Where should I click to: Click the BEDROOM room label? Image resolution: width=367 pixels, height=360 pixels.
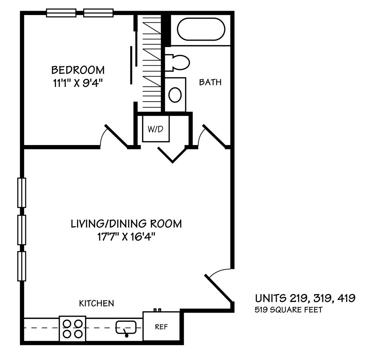point(78,70)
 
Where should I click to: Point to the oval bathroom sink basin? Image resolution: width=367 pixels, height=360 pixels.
point(175,95)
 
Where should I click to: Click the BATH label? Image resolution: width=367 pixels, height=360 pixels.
point(210,82)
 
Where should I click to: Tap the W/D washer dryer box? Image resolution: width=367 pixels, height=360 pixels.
point(156,129)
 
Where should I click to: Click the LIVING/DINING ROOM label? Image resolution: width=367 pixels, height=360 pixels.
point(127,224)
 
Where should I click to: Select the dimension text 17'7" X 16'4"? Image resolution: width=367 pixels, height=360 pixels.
point(127,237)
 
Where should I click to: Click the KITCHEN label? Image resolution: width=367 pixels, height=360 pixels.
point(97,303)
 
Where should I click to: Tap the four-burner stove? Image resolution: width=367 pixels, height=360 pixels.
point(73,329)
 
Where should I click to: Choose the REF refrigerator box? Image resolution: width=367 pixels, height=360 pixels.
point(161,326)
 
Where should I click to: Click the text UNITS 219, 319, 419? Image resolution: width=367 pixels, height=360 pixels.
point(305,298)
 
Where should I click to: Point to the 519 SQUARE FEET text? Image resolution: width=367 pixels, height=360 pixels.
point(289,310)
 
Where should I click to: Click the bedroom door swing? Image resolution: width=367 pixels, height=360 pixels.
point(116,137)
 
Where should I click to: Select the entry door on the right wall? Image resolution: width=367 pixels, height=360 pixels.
point(219,288)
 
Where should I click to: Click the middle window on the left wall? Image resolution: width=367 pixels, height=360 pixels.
point(22,230)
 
